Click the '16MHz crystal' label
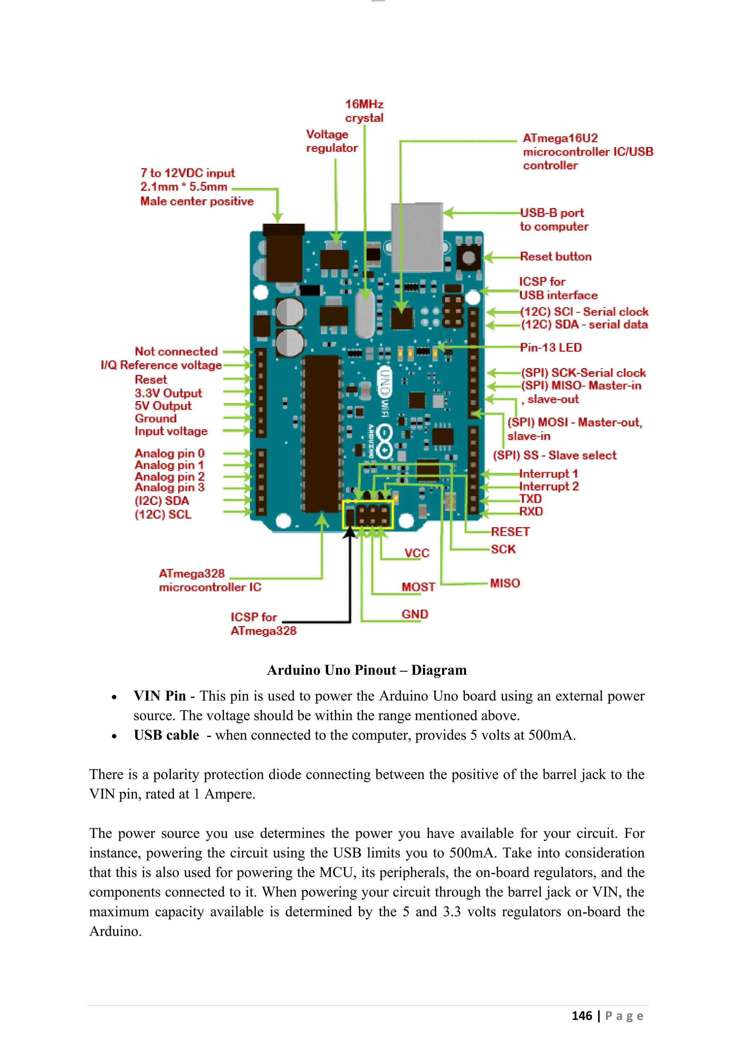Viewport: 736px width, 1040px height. click(364, 111)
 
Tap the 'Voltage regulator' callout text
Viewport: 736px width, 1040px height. click(331, 141)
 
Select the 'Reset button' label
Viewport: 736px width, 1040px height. click(556, 257)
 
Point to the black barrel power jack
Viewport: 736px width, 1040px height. click(284, 254)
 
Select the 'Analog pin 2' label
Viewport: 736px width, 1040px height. click(170, 477)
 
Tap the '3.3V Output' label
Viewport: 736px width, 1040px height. click(168, 393)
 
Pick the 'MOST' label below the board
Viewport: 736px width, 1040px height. click(418, 587)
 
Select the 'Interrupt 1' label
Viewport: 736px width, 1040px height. click(548, 474)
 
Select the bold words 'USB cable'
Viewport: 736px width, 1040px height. click(166, 735)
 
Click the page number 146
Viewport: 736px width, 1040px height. click(581, 1016)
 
